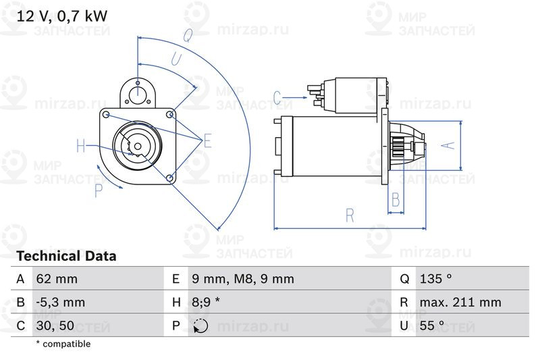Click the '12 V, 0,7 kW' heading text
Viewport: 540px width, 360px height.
(x=62, y=16)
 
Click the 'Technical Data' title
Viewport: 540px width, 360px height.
(x=66, y=256)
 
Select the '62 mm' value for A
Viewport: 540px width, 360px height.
(x=57, y=279)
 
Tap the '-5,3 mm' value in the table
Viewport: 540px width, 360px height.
(x=60, y=302)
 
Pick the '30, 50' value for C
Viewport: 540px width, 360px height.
(x=55, y=325)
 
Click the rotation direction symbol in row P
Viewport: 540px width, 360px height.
(x=200, y=326)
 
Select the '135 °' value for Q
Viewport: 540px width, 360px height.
(x=435, y=279)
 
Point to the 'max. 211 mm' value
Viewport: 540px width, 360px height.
(x=460, y=302)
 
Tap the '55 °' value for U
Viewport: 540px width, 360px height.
(x=432, y=325)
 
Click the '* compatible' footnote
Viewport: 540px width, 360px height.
(x=63, y=344)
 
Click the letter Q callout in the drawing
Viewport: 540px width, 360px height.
(x=187, y=33)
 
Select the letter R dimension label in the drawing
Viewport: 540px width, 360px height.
(x=350, y=215)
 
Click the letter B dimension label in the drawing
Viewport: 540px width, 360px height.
(x=396, y=200)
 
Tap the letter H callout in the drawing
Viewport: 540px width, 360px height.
(x=81, y=145)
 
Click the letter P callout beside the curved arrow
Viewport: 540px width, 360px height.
(x=99, y=191)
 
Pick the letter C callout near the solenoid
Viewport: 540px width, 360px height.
(x=277, y=98)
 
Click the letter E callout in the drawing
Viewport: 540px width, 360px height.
(x=207, y=140)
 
